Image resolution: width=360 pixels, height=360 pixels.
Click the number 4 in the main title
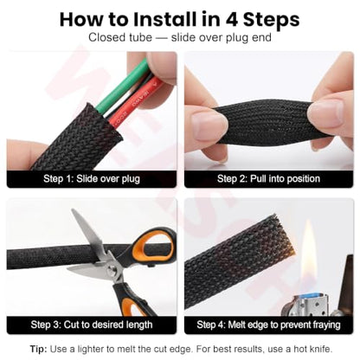coord(231,20)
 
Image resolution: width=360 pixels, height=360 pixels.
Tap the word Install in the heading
coord(164,20)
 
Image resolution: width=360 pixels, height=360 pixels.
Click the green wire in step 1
coord(124,86)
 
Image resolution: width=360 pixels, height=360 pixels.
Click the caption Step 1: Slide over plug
coord(92,179)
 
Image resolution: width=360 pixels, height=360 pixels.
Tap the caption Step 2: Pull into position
coord(268,179)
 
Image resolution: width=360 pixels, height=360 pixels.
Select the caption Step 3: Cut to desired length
coord(92,325)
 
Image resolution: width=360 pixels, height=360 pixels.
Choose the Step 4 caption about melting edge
coord(268,325)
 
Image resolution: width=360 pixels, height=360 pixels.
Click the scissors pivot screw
coord(112,270)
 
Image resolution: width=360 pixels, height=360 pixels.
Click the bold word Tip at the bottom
coord(38,349)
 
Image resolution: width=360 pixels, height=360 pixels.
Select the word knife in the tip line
coord(321,349)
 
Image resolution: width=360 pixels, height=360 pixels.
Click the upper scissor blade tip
coord(73,210)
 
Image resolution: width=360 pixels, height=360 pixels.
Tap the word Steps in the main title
coord(271,20)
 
